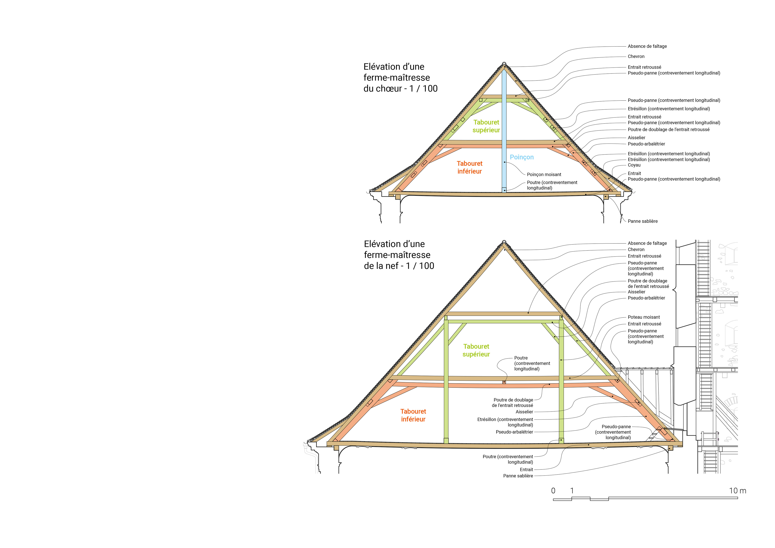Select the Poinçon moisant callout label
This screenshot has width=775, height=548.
[x=544, y=175]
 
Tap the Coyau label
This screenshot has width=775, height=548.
[x=634, y=165]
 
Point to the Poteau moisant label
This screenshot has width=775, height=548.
[x=643, y=317]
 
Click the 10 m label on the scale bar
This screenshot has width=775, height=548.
[x=737, y=491]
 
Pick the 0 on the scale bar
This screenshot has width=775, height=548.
[x=553, y=491]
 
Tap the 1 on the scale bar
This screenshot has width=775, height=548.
[x=572, y=491]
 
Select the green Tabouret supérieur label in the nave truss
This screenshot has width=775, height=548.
[x=476, y=350]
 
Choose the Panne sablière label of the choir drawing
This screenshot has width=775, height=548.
[x=642, y=221]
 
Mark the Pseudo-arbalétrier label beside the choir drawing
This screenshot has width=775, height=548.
[x=646, y=144]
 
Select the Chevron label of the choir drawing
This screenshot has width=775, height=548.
[x=636, y=56]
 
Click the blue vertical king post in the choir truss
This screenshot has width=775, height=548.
[x=504, y=128]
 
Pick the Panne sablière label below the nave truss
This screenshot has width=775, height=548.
[x=518, y=476]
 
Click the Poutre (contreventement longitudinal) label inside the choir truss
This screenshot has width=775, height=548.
[x=552, y=185]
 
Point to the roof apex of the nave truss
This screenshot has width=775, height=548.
[x=504, y=242]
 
